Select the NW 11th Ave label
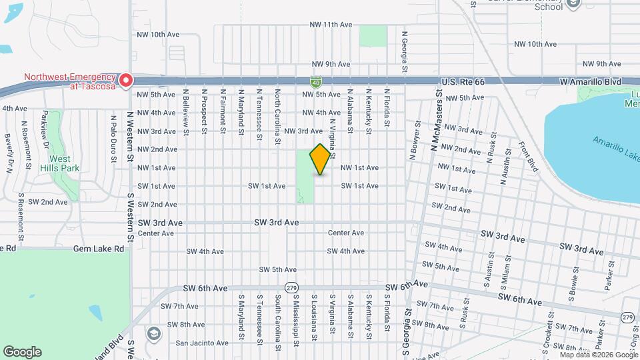click(331, 25)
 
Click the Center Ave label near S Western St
click(156, 233)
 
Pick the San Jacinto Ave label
click(202, 343)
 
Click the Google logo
click(22, 351)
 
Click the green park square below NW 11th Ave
click(373, 36)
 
